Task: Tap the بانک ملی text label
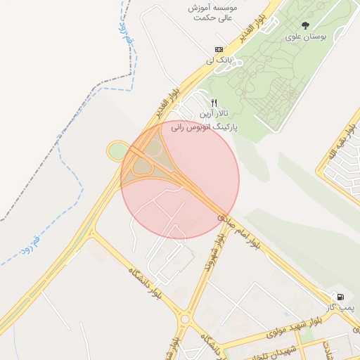tap(219, 60)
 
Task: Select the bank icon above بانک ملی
tap(219, 49)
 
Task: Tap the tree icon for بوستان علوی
tap(304, 25)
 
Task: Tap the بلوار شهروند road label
tap(212, 255)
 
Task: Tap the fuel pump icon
tap(341, 297)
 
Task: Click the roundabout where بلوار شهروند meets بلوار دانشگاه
tap(185, 319)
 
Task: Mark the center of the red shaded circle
tap(180, 180)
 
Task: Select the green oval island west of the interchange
tap(117, 150)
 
